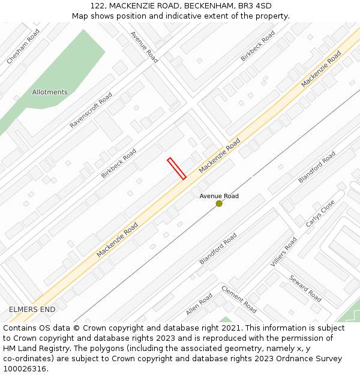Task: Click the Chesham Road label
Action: [23, 47]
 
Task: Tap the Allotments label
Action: [50, 92]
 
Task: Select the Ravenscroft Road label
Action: [91, 110]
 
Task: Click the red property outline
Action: [176, 169]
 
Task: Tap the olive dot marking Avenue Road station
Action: [219, 204]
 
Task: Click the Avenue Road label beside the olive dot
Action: [219, 196]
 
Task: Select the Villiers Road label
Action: [283, 253]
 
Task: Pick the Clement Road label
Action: [239, 299]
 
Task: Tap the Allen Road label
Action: [199, 304]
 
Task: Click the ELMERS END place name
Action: [32, 310]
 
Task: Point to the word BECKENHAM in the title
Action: [210, 5]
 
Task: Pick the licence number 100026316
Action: [25, 369]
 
